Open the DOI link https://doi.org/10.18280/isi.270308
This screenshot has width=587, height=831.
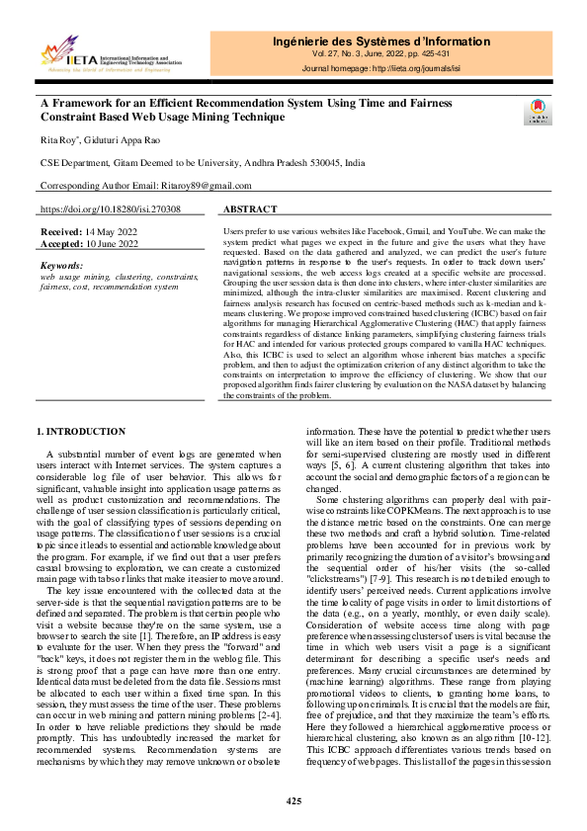(x=110, y=210)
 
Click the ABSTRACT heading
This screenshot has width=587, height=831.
(x=250, y=210)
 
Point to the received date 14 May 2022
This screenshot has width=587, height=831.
(x=110, y=230)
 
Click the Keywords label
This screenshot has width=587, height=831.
(x=61, y=266)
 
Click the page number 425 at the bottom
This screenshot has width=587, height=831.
(x=293, y=800)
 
